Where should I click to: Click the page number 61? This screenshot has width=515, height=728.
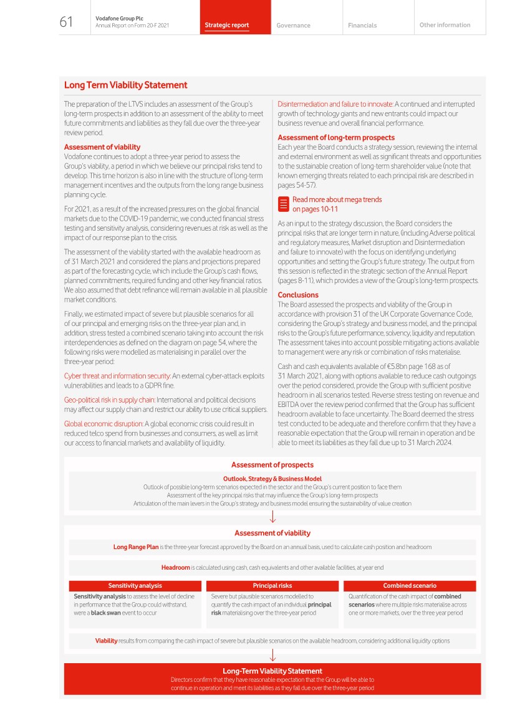tap(66, 22)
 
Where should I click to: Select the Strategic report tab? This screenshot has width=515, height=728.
tap(227, 26)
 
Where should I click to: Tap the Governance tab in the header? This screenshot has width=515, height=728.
tap(293, 26)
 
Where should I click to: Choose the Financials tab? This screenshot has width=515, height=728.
tap(362, 26)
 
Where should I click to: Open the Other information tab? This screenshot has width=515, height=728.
tap(445, 25)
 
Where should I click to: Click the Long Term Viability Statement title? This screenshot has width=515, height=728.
tap(125, 85)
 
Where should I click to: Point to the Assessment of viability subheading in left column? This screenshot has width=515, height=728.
tap(102, 147)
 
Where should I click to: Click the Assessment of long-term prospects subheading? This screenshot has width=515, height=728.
tap(336, 137)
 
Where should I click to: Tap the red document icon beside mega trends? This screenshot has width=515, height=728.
tap(283, 204)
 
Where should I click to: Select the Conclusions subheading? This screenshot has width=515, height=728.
tap(298, 295)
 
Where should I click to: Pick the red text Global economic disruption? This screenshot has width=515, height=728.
tap(103, 423)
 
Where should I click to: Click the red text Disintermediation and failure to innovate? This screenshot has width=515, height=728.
tap(335, 104)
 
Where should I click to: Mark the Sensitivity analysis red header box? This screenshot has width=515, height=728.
tap(135, 586)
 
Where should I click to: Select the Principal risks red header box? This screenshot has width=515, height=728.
tap(272, 586)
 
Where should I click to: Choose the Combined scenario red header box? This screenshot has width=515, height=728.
tap(410, 586)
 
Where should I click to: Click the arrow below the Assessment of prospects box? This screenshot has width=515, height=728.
tap(272, 517)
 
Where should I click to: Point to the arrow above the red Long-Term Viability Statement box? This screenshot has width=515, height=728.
tap(272, 655)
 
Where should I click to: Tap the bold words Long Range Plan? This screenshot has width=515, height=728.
tap(135, 547)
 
